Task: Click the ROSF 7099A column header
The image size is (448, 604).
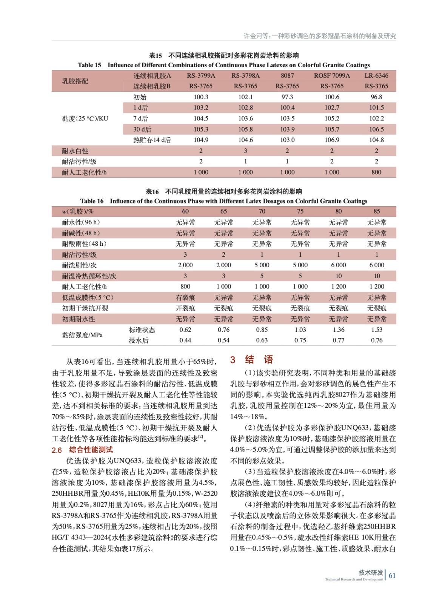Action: (x=332, y=75)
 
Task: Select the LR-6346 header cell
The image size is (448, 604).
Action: (x=376, y=75)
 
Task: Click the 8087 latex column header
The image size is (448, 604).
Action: (x=287, y=75)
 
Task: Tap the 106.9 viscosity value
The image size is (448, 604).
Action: (x=332, y=140)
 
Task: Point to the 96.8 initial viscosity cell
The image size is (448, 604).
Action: (x=376, y=97)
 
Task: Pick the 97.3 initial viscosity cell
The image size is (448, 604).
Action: (x=287, y=97)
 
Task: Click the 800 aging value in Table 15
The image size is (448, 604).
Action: (x=376, y=173)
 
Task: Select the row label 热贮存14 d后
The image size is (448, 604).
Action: (x=152, y=140)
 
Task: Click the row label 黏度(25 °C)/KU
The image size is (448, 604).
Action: (x=85, y=119)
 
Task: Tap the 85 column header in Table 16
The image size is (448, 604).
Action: (x=377, y=211)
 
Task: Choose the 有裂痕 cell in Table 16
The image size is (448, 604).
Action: (x=185, y=297)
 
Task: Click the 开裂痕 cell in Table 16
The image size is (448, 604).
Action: (x=185, y=308)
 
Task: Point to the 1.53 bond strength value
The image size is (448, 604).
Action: (x=377, y=330)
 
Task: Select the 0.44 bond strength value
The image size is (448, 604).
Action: (x=185, y=341)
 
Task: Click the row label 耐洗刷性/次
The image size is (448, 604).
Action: (x=79, y=265)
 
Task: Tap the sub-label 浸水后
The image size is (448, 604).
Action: (x=139, y=341)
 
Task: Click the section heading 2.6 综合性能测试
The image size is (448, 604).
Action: (x=82, y=450)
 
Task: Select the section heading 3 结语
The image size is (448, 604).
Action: (x=251, y=360)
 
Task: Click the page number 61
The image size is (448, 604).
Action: (x=392, y=576)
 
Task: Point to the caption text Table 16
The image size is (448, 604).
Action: (x=92, y=201)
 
